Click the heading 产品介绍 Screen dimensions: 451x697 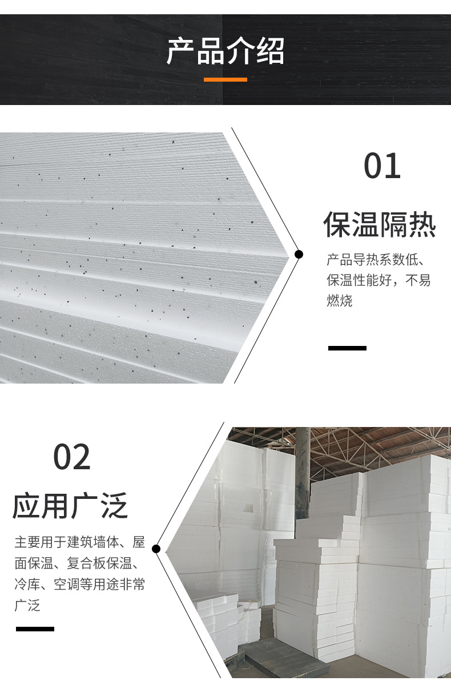(225, 51)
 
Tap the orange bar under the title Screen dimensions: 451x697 (225, 79)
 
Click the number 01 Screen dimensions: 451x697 (382, 166)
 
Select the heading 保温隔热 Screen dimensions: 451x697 (380, 224)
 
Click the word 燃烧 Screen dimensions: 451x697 (340, 301)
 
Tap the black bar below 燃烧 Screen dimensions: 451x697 (347, 348)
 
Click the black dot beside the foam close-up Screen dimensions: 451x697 (298, 254)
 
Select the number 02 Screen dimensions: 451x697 (72, 457)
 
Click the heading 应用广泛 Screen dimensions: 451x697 (70, 505)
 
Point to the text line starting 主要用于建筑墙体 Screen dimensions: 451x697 (79, 542)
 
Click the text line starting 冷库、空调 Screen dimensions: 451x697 (79, 585)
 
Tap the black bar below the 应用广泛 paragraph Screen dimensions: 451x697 (35, 628)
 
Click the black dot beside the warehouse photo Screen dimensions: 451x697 (156, 549)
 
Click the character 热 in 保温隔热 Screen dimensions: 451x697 (422, 224)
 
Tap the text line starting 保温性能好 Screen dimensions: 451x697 (378, 281)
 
